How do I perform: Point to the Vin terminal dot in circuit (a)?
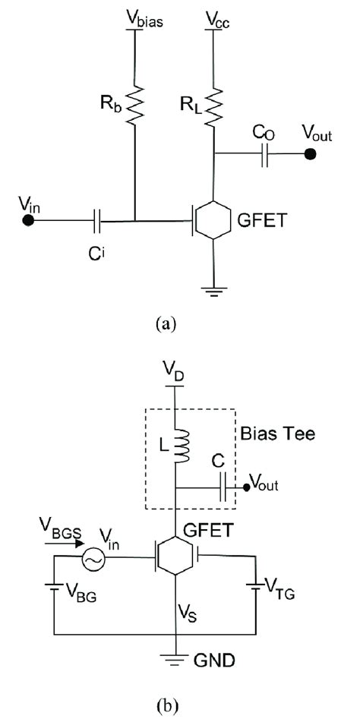(27, 221)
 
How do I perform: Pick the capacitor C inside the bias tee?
(222, 485)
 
